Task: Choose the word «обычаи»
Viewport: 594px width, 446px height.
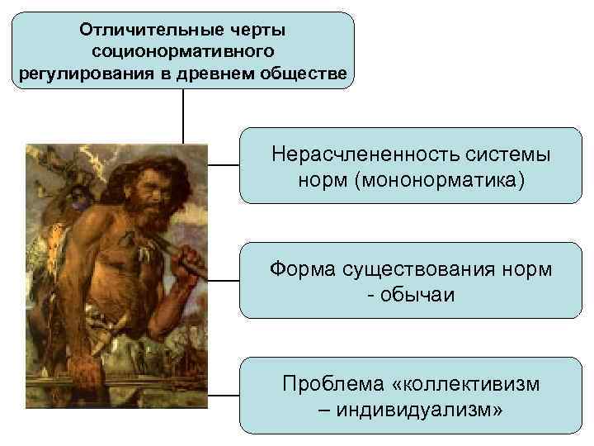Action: click(x=417, y=293)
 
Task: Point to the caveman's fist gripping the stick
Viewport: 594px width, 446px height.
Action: click(x=192, y=263)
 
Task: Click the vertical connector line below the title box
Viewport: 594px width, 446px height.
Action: click(x=183, y=116)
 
